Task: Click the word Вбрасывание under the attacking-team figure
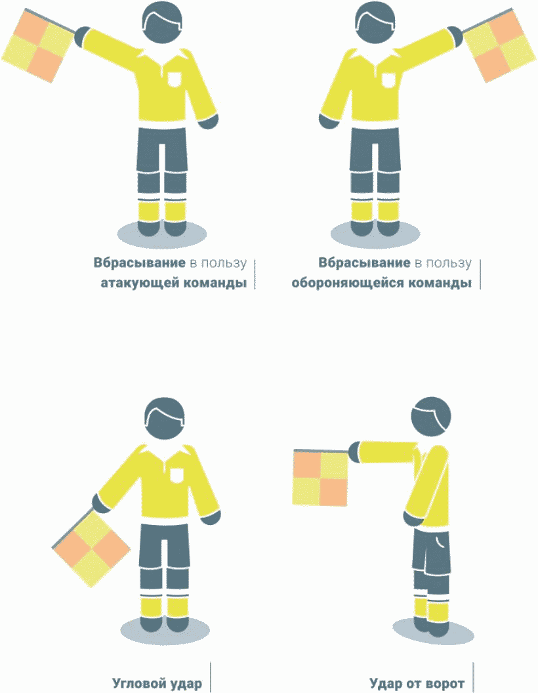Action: point(139,262)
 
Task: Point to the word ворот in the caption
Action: point(443,684)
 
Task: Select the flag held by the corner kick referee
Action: point(91,549)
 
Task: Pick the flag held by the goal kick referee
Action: point(321,477)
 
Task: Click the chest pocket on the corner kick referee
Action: point(176,474)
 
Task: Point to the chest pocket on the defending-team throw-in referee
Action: point(388,79)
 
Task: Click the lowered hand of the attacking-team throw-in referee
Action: point(208,121)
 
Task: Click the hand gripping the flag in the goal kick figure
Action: point(355,451)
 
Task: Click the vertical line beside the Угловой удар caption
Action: point(210,677)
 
